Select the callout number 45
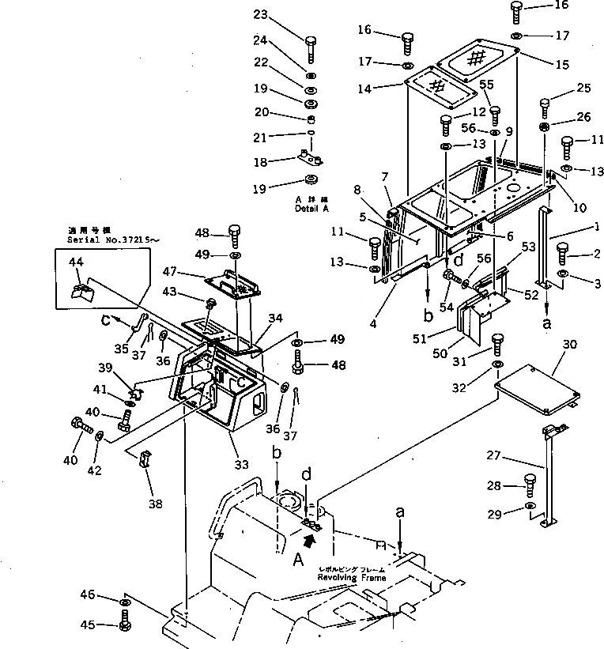click(88, 625)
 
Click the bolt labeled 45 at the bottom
click(124, 624)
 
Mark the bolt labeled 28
click(530, 484)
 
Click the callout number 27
click(494, 455)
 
